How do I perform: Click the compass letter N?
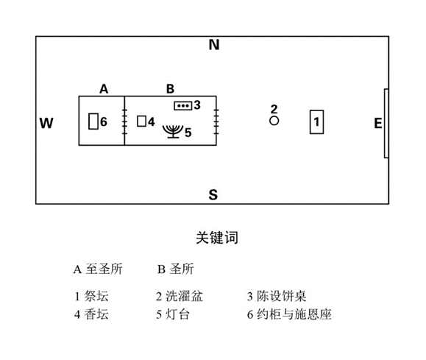point(214,45)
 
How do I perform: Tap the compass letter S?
point(213,194)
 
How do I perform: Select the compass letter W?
point(46,123)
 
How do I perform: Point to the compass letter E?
point(378,124)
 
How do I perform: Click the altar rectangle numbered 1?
point(317,121)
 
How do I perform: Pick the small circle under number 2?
point(274,121)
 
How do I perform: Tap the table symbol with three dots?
point(183,105)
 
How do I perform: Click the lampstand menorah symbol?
point(173,132)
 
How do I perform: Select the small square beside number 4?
point(141,121)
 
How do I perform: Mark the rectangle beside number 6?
point(93,121)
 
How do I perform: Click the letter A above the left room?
point(104,89)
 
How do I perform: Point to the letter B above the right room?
point(170,89)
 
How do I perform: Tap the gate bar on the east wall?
point(386,123)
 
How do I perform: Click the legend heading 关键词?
point(217,238)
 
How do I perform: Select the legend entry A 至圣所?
point(98,269)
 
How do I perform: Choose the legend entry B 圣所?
point(176,269)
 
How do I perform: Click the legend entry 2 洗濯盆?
point(180,296)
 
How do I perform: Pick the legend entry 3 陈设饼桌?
point(277,296)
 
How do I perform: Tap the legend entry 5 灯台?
point(173,314)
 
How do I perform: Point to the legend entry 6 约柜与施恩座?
point(289,314)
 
